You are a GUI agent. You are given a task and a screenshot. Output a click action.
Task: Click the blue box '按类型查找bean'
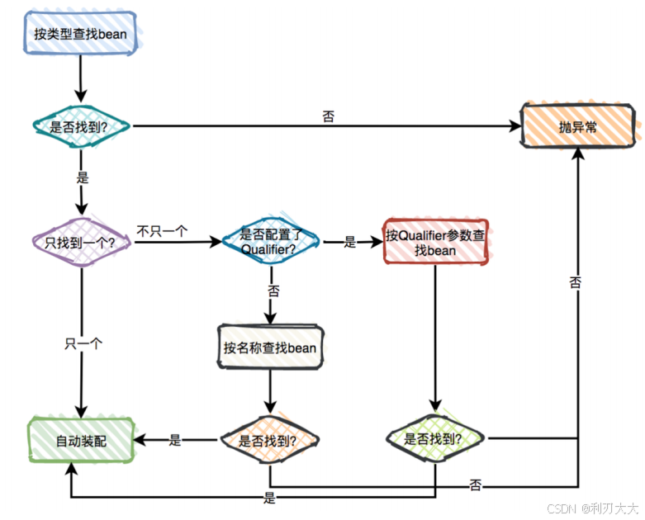80,34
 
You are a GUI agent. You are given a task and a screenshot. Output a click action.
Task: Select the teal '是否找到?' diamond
80,126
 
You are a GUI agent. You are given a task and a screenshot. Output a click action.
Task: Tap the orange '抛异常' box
579,126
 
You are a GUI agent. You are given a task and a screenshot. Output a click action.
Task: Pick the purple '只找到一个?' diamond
80,242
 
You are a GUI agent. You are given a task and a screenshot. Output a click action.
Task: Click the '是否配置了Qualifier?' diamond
268,242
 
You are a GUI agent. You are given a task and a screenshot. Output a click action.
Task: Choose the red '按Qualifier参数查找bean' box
435,242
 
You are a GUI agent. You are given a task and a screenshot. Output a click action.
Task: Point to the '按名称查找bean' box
269,347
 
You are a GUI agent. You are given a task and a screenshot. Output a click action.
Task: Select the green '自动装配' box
81,440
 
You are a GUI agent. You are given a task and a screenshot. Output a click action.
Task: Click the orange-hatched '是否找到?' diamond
268,440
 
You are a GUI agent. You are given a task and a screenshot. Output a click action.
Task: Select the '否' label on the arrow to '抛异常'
329,116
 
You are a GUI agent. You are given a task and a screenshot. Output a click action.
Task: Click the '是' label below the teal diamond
82,177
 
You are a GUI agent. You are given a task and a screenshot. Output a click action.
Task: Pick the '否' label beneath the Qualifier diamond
273,291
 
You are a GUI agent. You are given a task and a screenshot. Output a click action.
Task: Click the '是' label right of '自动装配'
175,441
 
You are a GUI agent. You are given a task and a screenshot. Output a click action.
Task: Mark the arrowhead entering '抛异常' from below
579,155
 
